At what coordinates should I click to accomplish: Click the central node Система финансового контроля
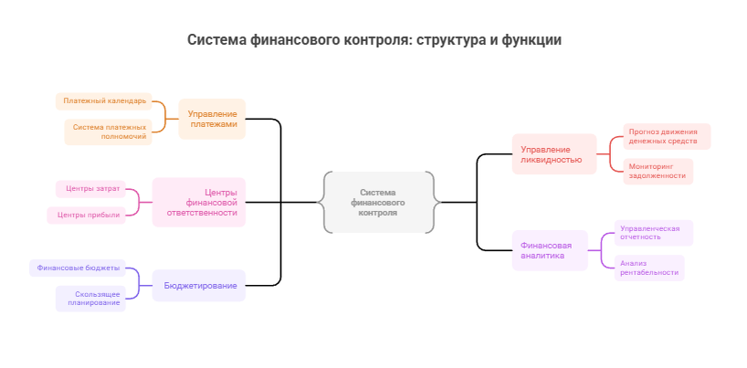378,202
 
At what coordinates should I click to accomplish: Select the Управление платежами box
212,119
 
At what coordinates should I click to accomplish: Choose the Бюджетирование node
200,286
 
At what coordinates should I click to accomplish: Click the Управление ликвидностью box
552,154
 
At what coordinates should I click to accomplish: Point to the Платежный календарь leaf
104,100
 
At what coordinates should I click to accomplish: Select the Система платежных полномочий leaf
109,132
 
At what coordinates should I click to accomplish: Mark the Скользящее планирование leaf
91,299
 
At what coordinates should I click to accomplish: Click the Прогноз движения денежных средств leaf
666,137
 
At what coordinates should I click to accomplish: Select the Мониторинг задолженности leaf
658,171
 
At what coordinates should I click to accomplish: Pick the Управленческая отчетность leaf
652,233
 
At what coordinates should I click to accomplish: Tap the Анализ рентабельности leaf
648,268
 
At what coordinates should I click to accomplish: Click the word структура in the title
454,40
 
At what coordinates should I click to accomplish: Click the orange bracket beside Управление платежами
164,117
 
